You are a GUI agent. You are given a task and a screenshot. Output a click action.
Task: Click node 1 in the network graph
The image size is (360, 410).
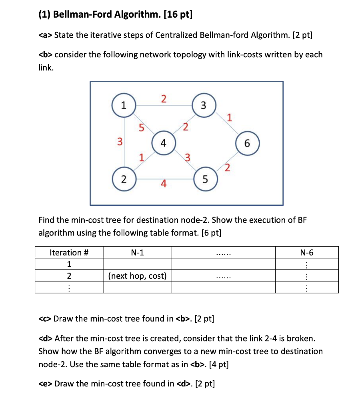tap(123, 106)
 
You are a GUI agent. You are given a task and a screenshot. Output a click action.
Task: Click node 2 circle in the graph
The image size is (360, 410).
tap(123, 179)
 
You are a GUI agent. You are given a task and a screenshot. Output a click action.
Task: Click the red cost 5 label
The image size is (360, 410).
tap(141, 128)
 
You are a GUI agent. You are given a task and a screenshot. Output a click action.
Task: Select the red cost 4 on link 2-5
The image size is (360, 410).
tap(163, 184)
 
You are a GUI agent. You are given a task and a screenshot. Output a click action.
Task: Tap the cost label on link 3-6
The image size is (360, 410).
tap(229, 118)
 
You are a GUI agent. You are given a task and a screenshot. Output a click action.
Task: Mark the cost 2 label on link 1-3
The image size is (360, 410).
tap(163, 98)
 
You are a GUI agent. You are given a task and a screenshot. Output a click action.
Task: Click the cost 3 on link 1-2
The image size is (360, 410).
tap(119, 141)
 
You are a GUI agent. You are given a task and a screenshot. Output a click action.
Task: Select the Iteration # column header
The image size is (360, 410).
tap(69, 252)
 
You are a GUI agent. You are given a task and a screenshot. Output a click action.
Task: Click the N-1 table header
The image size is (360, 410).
tap(137, 252)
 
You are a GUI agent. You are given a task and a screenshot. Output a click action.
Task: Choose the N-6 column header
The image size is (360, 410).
tap(307, 252)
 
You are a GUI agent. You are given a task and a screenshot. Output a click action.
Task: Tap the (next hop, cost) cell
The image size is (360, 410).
tap(138, 275)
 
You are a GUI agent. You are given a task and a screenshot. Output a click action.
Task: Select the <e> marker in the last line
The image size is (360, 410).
tap(45, 384)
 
